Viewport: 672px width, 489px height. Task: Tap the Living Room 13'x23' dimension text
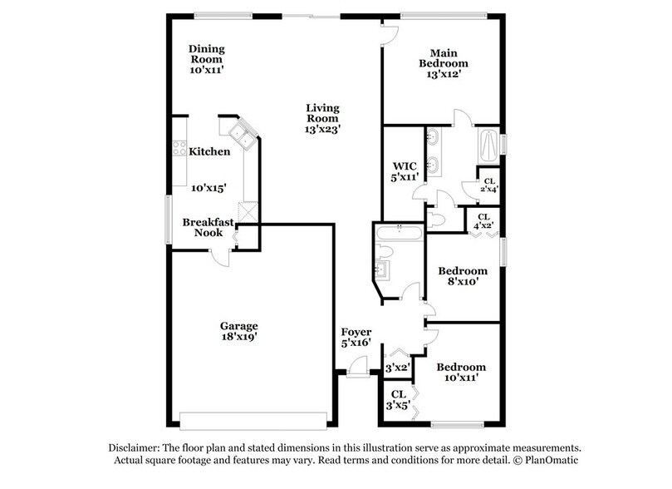[323, 129]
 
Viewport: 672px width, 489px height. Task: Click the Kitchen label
[209, 151]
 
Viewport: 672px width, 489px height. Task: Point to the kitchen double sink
[243, 131]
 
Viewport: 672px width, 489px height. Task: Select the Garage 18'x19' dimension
[239, 338]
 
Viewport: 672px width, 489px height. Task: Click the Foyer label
[356, 333]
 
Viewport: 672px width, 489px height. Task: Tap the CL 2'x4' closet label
[488, 185]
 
